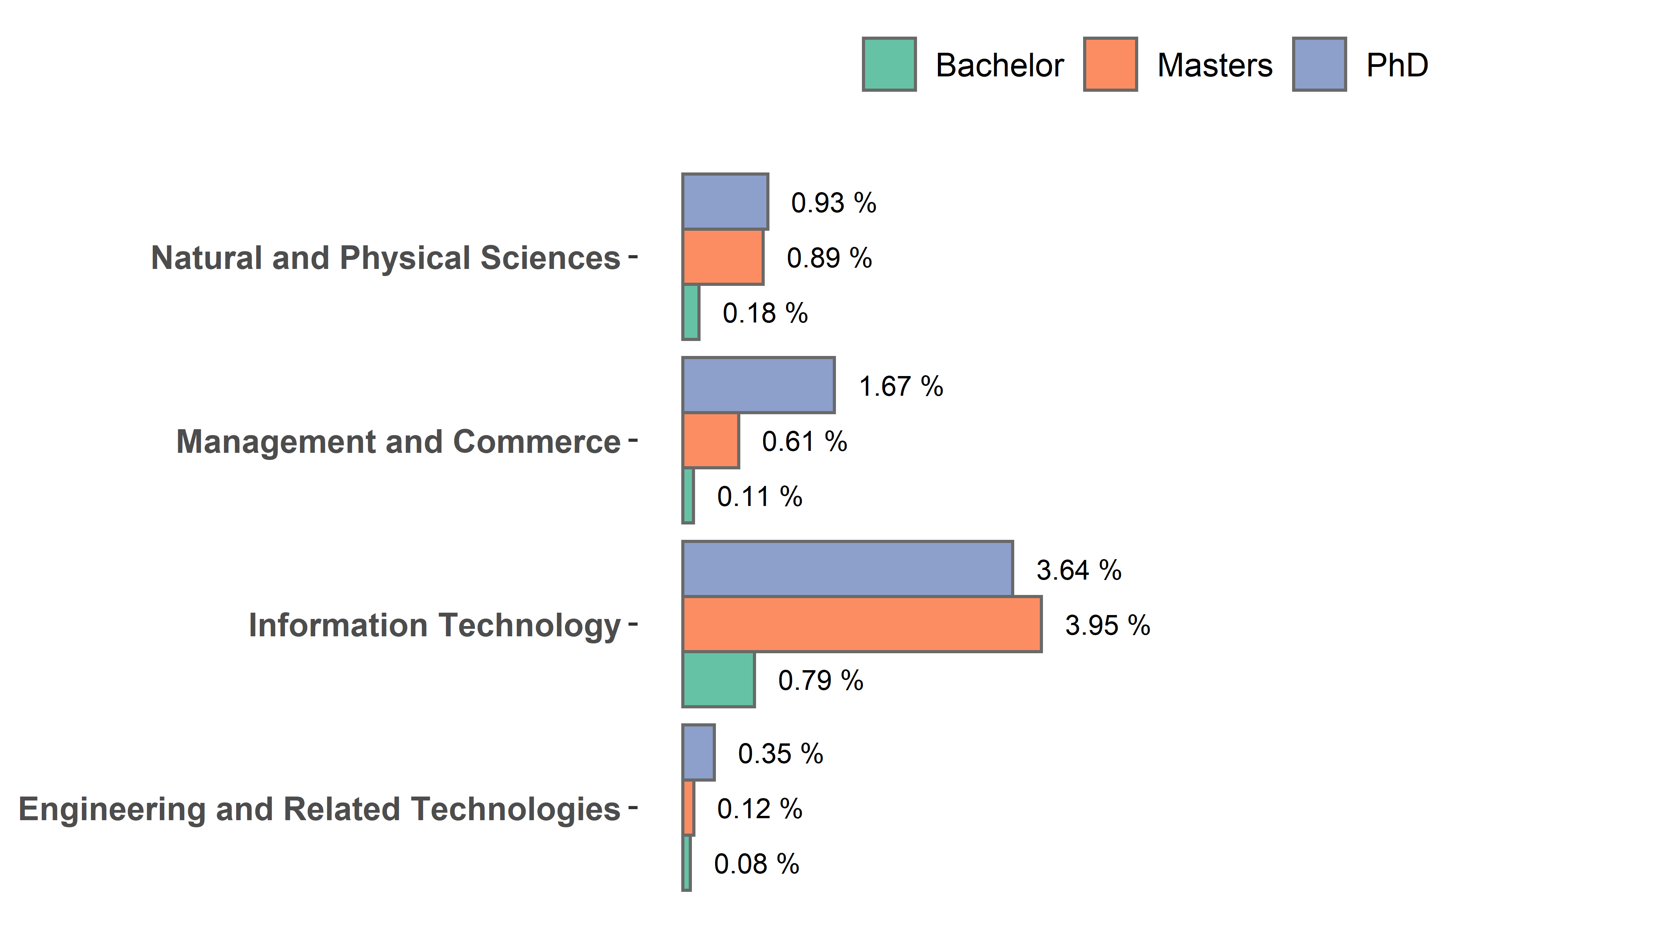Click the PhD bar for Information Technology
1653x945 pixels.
click(x=847, y=569)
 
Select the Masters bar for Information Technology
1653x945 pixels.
click(x=862, y=624)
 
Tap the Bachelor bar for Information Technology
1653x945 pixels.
click(x=719, y=679)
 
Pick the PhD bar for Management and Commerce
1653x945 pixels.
click(x=758, y=385)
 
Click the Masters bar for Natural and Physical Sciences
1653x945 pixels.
click(x=723, y=257)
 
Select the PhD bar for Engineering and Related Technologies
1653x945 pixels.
click(x=699, y=752)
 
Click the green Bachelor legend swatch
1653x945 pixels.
click(x=889, y=64)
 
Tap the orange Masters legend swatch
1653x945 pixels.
click(x=1110, y=64)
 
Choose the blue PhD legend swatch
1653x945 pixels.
click(x=1319, y=64)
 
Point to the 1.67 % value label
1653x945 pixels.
click(x=900, y=387)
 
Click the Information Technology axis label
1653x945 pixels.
click(x=435, y=626)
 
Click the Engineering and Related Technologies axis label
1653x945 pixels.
click(x=319, y=809)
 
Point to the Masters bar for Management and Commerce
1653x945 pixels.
click(x=710, y=441)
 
